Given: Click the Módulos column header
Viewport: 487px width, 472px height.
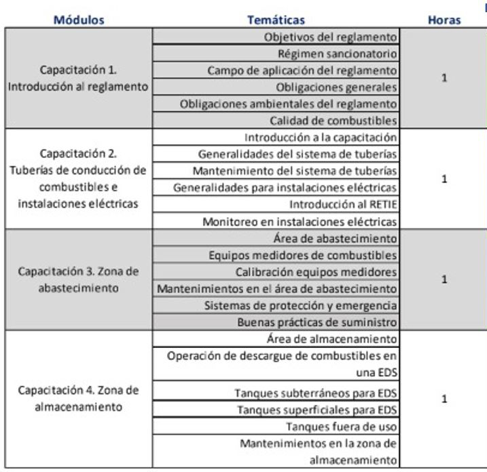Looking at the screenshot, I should click(79, 20).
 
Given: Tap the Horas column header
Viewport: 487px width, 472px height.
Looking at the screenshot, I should click(445, 20).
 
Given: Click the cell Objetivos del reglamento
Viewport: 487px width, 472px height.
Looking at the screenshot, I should click(330, 37).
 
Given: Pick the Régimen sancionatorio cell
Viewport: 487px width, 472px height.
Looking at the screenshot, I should click(338, 54).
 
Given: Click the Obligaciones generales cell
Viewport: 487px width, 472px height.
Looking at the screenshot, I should click(336, 87).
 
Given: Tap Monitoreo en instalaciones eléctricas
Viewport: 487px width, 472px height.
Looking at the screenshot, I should click(300, 221).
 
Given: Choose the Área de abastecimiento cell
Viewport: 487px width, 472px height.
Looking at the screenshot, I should click(333, 238).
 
